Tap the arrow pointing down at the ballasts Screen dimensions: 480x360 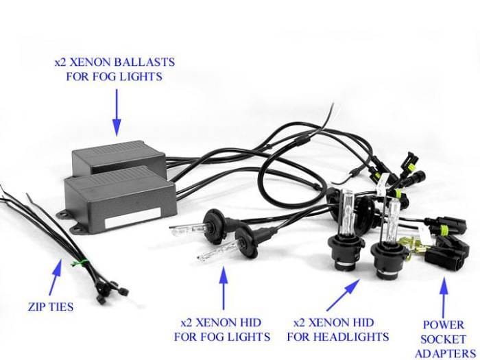[117, 112]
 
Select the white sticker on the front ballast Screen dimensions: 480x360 [133, 217]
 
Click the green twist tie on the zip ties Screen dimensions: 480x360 [79, 263]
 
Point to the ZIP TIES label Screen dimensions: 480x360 [51, 307]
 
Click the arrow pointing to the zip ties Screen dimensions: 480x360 [56, 277]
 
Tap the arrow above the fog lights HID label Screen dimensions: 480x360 [224, 288]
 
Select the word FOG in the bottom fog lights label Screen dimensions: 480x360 [211, 337]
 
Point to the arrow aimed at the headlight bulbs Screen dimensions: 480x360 [343, 294]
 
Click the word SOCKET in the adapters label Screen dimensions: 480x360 [443, 339]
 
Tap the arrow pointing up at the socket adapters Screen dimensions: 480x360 [444, 298]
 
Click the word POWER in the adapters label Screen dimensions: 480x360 [443, 325]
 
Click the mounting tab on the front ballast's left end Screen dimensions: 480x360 [64, 214]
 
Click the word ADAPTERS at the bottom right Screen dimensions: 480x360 [445, 354]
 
